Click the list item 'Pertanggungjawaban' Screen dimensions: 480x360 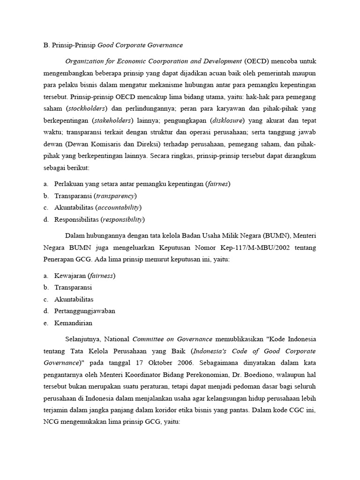coord(85,311)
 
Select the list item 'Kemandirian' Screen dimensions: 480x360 coord(73,322)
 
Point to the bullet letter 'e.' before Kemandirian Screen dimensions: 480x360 coord(45,322)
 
